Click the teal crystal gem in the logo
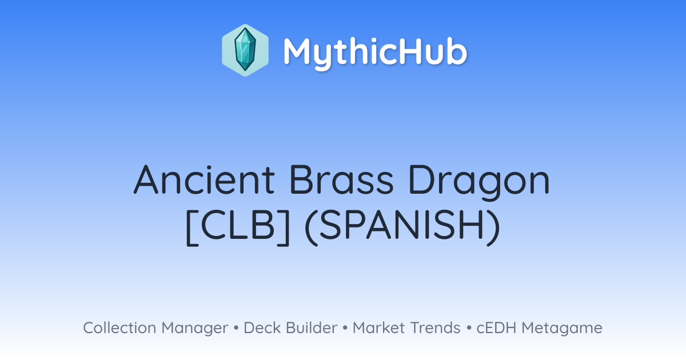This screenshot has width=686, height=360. [x=245, y=49]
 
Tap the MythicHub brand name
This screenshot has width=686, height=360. [x=375, y=52]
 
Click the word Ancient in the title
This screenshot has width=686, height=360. [x=204, y=179]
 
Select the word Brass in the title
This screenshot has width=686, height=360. [x=341, y=179]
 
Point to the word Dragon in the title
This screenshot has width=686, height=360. [x=479, y=183]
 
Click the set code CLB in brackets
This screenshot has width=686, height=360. [x=238, y=225]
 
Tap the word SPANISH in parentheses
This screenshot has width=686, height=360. [x=401, y=225]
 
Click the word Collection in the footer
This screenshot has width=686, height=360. [x=119, y=327]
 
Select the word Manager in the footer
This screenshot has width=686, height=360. [x=195, y=329]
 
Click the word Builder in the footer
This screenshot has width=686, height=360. [x=312, y=327]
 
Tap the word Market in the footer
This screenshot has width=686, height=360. [x=379, y=327]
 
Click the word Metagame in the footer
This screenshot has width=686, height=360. [x=562, y=329]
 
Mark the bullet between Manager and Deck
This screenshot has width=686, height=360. [x=236, y=328]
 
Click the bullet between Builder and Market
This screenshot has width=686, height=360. [x=345, y=328]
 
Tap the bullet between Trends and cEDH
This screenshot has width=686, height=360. [x=469, y=328]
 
